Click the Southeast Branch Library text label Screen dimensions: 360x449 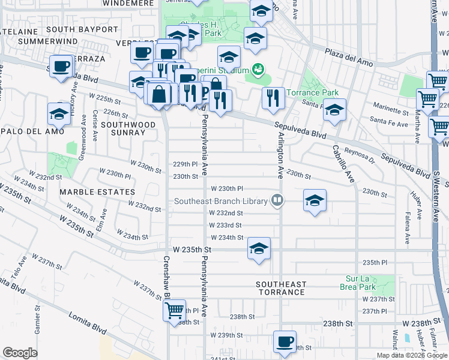(220, 201)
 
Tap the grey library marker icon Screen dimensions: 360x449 (277, 200)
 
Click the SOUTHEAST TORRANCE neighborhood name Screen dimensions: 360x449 (282, 288)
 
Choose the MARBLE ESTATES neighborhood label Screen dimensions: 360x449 (97, 192)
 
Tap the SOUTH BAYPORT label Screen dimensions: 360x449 (82, 29)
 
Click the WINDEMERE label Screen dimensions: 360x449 (124, 3)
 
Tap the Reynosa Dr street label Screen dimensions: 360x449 (360, 157)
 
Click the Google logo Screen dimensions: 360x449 (20, 353)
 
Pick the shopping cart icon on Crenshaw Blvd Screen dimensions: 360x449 (174, 311)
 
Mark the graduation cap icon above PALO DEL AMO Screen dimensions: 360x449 (59, 113)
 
